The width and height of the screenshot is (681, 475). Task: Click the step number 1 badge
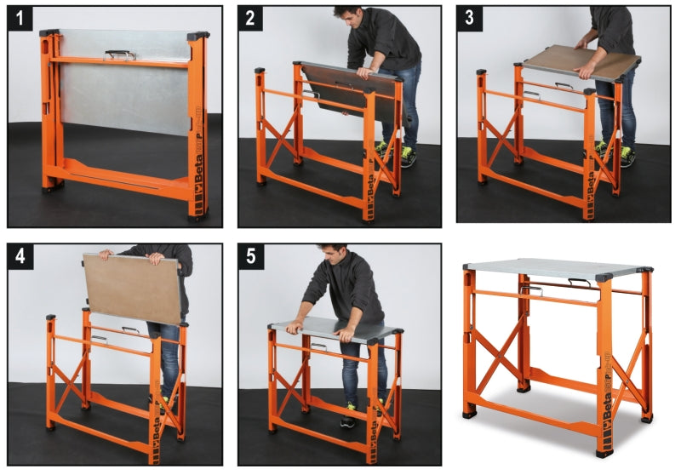(20, 19)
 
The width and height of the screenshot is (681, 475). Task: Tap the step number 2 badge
(251, 19)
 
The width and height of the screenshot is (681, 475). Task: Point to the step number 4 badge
(20, 257)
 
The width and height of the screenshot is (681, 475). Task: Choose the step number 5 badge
(251, 257)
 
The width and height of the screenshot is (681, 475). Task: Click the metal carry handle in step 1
(120, 54)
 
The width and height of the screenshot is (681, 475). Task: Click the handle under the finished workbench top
(532, 292)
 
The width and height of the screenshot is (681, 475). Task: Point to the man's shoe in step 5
(347, 420)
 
